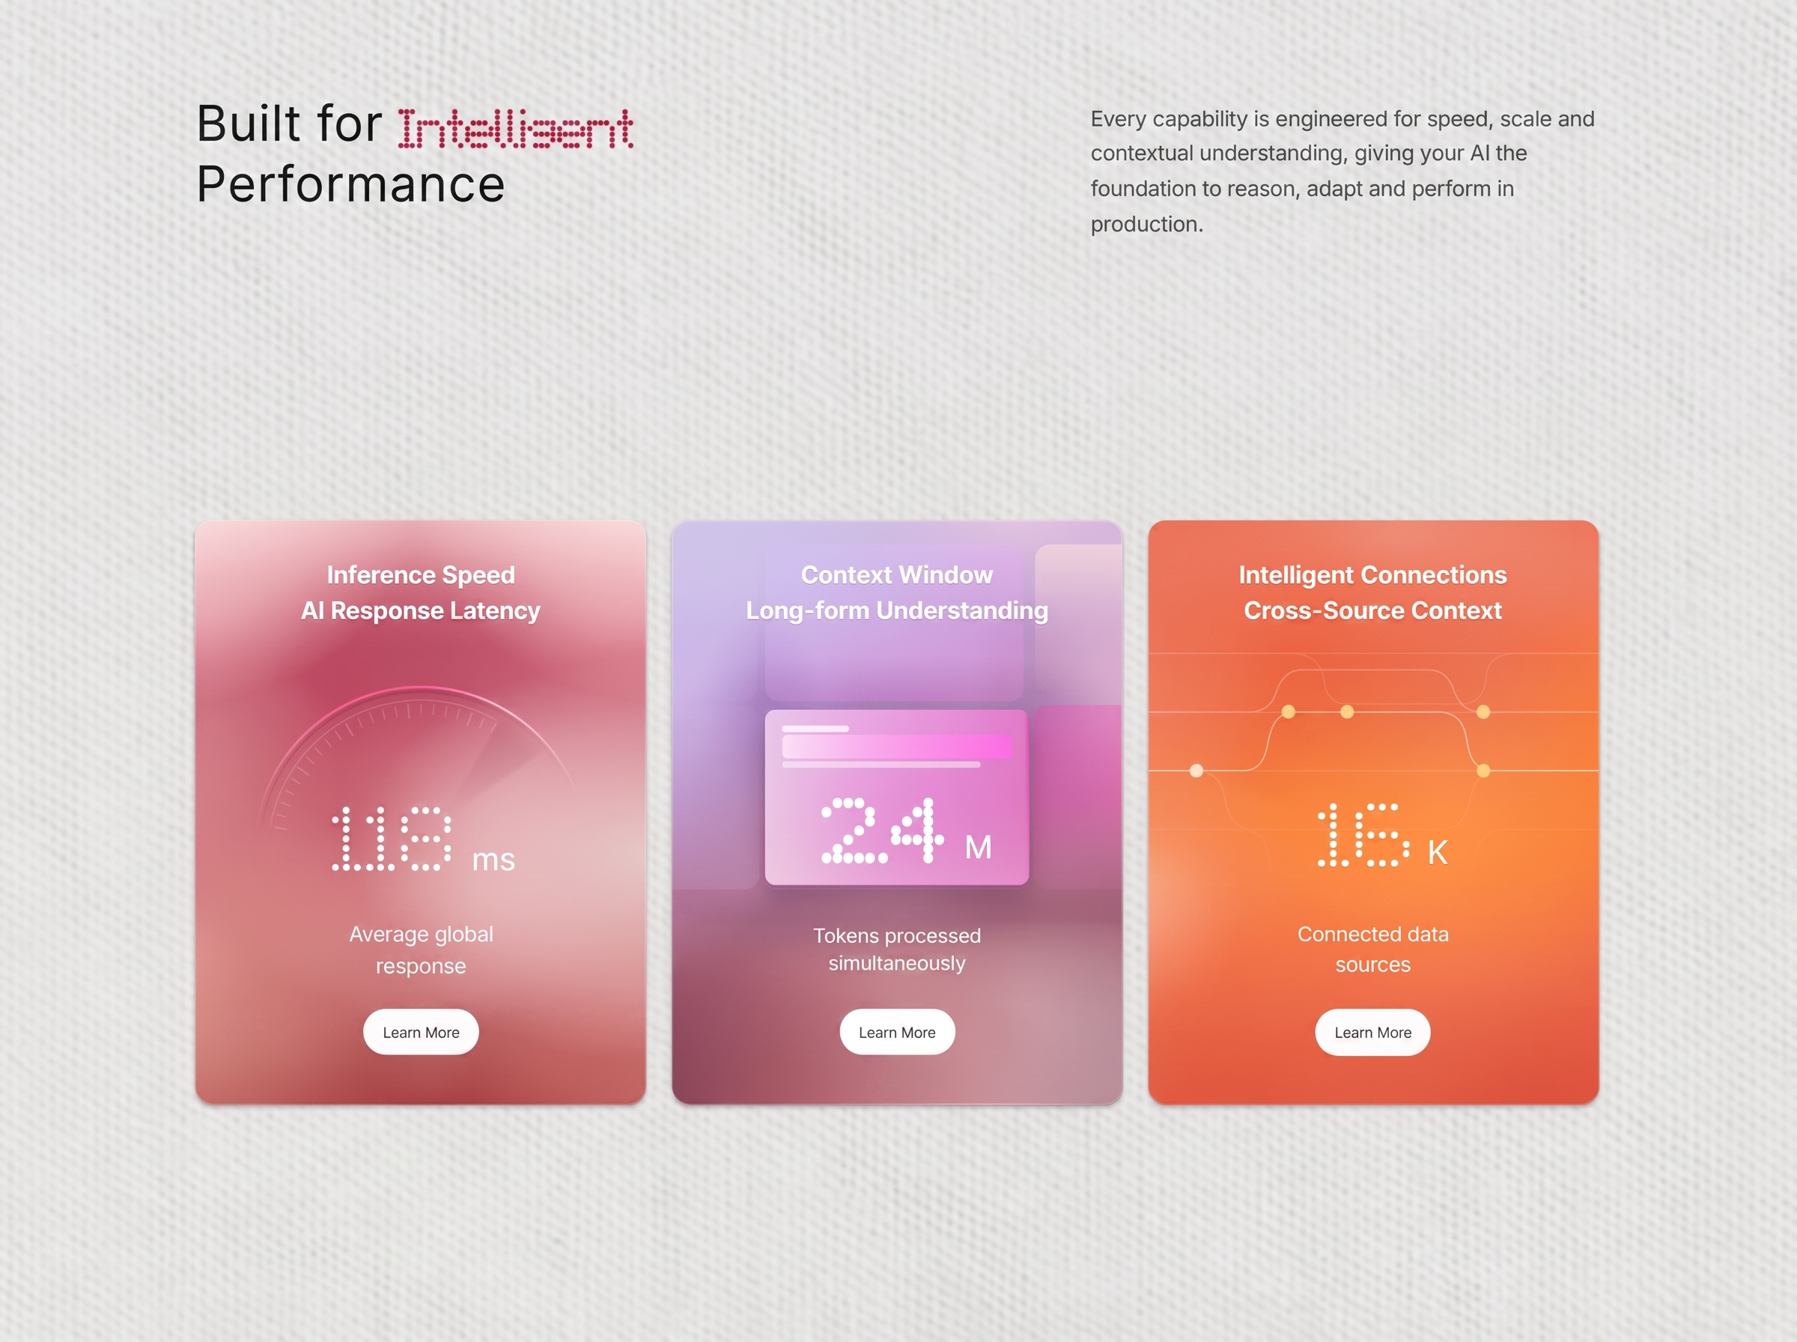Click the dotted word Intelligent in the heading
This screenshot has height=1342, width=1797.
tap(516, 128)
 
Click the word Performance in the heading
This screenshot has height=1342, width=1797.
tap(351, 183)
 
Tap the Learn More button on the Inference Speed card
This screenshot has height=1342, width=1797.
tap(421, 1032)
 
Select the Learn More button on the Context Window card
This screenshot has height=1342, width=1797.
tap(897, 1032)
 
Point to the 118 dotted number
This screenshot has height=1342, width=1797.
tap(392, 838)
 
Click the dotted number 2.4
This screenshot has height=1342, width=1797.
tap(883, 831)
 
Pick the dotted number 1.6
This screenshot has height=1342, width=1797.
tap(1363, 835)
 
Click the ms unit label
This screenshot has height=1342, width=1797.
tap(493, 860)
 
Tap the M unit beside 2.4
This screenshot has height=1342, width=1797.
tap(979, 847)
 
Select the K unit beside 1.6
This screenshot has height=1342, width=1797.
tap(1438, 852)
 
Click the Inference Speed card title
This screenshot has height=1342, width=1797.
tap(421, 575)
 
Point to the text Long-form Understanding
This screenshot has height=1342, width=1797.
tap(897, 611)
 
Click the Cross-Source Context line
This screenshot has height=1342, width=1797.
tap(1373, 611)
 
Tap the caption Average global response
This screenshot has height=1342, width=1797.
tap(421, 950)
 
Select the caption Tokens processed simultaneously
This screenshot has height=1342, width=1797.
tap(897, 949)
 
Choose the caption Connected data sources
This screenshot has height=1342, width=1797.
tap(1373, 949)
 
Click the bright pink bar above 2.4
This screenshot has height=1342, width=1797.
tap(897, 747)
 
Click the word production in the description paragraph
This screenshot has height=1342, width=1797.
tap(1144, 224)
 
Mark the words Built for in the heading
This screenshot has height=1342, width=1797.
tap(289, 124)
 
